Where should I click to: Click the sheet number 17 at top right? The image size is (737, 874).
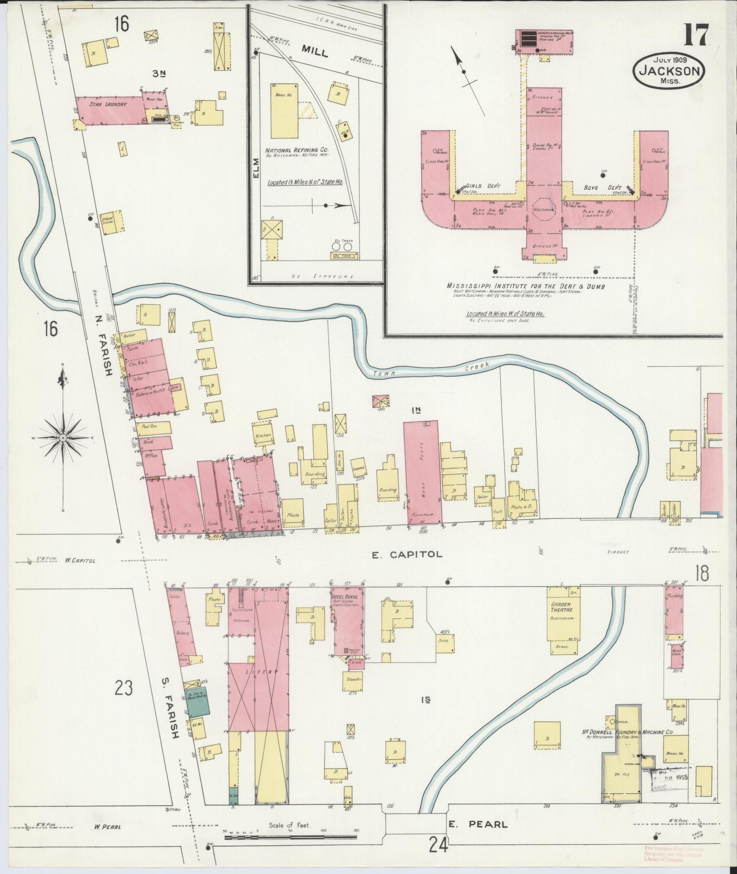point(696,34)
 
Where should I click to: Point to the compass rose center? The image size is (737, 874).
point(62,438)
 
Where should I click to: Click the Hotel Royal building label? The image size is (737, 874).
point(348,597)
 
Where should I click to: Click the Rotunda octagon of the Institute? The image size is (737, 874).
point(543,210)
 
